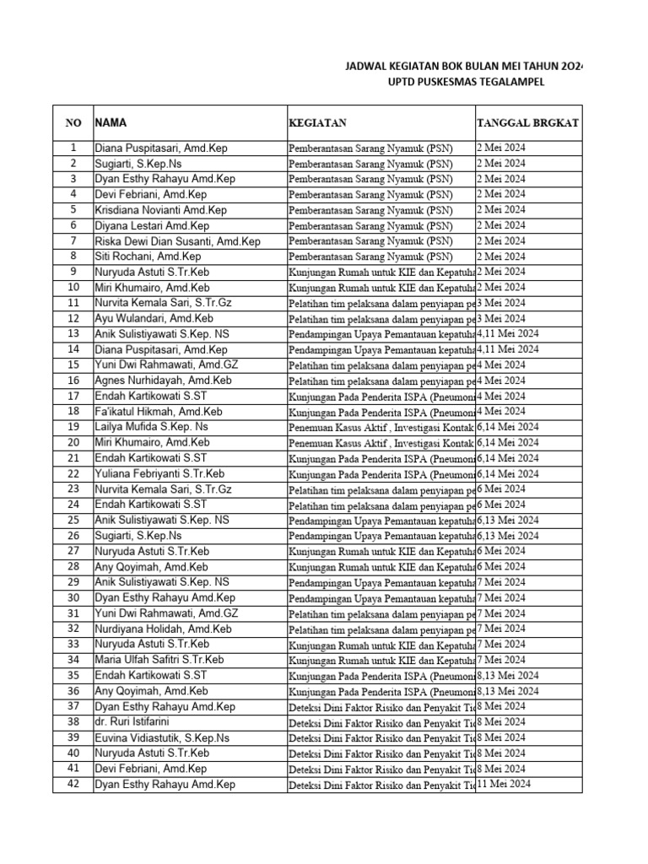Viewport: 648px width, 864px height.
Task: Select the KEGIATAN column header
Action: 317,123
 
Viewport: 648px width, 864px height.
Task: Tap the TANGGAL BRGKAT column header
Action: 527,123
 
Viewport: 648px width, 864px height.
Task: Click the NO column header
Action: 73,123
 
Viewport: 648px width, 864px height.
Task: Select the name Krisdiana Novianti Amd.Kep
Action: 160,210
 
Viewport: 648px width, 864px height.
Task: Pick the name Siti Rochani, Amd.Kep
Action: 148,256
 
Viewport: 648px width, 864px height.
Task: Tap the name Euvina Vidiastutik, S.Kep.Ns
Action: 165,737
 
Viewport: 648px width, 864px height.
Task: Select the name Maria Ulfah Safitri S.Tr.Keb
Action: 159,660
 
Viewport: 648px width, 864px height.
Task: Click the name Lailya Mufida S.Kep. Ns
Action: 151,427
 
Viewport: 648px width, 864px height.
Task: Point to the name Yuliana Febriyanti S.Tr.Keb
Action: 159,473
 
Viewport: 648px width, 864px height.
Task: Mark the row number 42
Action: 73,784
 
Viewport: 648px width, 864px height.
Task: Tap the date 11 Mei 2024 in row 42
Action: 505,784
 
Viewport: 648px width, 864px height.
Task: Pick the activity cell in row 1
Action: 370,148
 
